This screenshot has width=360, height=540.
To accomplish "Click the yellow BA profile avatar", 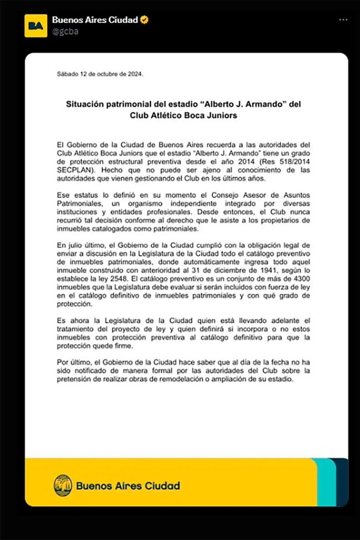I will pos(36,25).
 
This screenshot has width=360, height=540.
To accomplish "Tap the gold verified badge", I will pos(144,20).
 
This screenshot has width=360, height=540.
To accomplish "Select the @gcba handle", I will pos(62,31).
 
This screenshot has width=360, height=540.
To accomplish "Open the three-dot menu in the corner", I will pos(343,20).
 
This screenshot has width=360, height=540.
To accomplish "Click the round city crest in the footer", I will pos(63,486).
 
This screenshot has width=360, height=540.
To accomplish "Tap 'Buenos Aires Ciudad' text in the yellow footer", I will pos(128,486).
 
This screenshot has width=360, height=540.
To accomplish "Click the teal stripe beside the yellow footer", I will pos(325,482).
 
